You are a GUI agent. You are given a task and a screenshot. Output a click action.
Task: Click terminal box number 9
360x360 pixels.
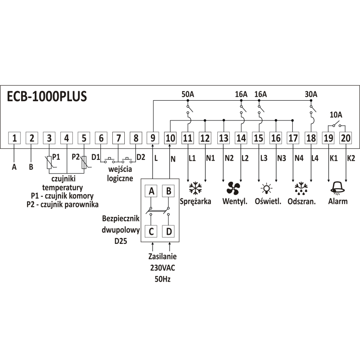point(153,138)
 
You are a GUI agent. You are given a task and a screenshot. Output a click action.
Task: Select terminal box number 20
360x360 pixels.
point(345,138)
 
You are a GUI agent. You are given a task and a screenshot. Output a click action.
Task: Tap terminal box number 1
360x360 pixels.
point(14,138)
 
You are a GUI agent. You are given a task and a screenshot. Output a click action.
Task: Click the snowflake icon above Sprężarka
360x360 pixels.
point(195,188)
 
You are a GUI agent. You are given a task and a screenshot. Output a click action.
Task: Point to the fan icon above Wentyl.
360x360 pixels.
point(233,188)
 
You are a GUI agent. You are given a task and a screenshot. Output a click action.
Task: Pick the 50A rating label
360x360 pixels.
point(188,94)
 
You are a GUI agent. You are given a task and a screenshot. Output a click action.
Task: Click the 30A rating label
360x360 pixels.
point(311,94)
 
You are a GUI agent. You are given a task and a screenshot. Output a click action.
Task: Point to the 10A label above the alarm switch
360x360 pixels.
point(336,114)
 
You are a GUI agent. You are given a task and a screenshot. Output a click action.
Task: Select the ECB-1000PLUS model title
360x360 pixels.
point(47,96)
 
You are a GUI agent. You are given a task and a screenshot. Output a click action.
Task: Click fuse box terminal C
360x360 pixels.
point(151,231)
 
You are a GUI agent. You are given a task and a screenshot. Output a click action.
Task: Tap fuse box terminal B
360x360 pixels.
point(168,191)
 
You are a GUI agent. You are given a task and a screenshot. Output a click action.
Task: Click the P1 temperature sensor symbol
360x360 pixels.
point(50,162)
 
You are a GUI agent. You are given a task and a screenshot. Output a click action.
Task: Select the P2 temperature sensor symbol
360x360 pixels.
point(85,162)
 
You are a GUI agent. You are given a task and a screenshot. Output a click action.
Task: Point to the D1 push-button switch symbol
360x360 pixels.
point(109,160)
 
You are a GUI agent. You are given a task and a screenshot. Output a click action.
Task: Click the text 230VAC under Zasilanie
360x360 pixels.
point(162,268)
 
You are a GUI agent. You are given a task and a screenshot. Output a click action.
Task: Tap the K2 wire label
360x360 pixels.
point(351,158)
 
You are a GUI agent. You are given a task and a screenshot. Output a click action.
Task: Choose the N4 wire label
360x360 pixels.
point(299,158)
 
